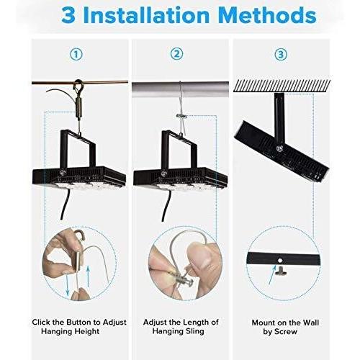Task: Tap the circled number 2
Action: click(x=176, y=54)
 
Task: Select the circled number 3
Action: click(x=282, y=54)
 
